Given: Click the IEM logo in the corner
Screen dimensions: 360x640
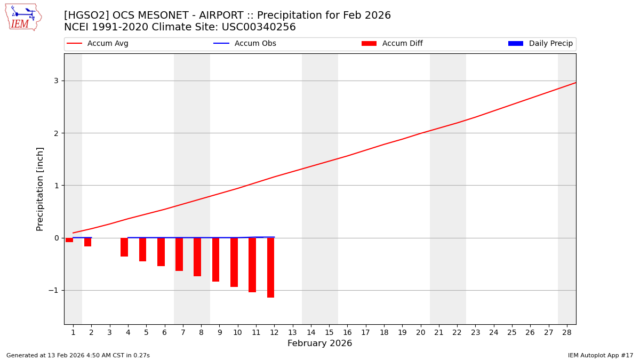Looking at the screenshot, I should (23, 17).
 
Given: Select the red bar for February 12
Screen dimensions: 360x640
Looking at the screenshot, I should (270, 267).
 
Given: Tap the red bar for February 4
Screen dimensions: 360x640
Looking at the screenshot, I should (124, 247).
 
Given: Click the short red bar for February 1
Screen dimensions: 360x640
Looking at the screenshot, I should (69, 240).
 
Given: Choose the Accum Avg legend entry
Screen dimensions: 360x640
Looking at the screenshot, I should (98, 44).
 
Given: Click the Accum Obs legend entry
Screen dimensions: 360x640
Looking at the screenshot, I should (245, 44).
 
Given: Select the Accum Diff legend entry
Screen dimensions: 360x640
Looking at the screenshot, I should (392, 44).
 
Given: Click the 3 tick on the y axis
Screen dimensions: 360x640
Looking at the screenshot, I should (55, 81).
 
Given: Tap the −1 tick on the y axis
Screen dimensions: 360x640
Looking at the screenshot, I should (53, 290).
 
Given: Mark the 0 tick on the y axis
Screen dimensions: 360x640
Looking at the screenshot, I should (55, 238).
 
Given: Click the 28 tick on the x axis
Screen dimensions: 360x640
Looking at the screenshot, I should (567, 332).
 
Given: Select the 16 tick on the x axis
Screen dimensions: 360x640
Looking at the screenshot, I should (347, 332).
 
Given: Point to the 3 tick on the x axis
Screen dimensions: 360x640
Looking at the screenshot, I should (109, 332).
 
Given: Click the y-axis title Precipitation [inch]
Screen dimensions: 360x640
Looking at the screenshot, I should (41, 189).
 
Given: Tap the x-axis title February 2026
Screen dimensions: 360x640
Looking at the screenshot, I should (319, 343).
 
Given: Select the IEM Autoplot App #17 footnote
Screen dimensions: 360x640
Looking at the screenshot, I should (601, 355).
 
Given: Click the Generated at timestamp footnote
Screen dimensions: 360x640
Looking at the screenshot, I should (78, 355).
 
